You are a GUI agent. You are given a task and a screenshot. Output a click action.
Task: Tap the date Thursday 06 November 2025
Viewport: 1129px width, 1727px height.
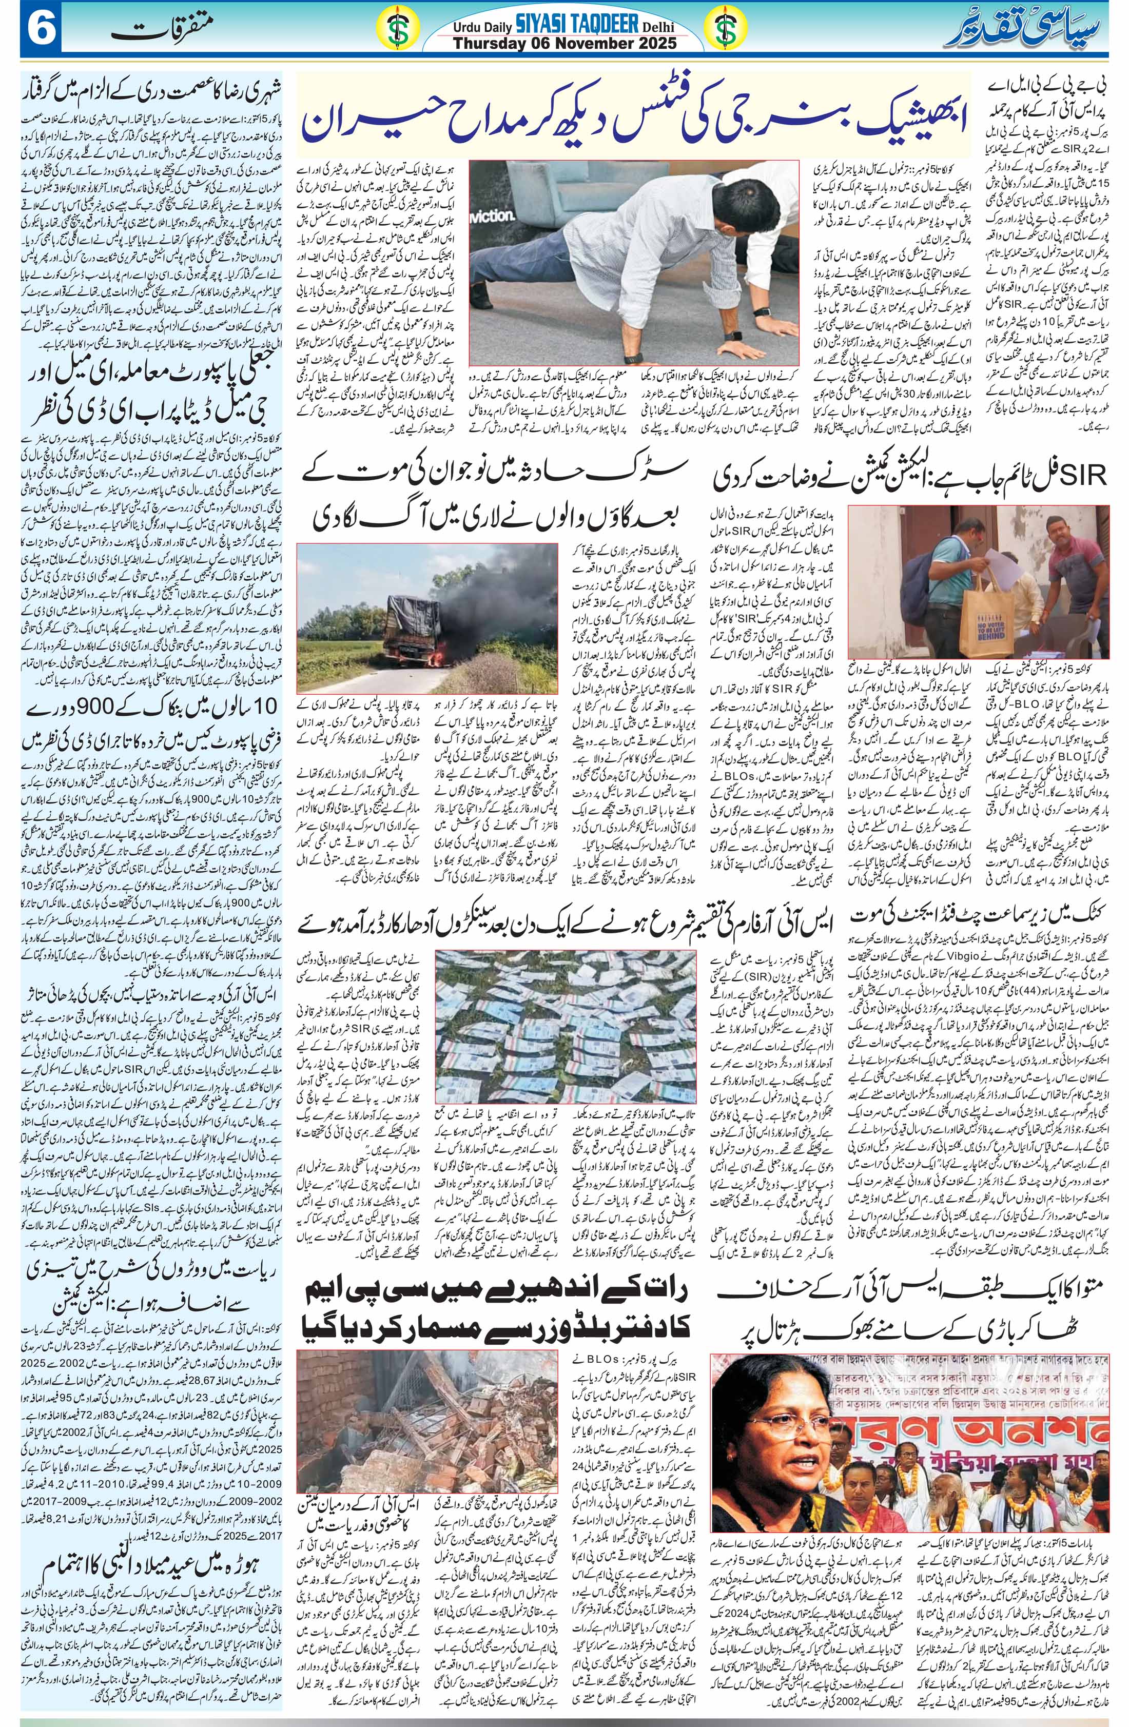click(564, 43)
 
